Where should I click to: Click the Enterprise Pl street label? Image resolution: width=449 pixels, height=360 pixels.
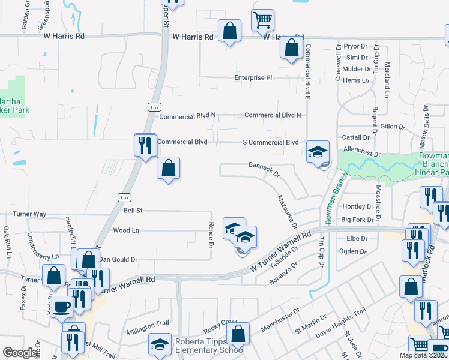pos(253,78)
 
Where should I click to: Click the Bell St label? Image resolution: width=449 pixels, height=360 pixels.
pos(133,211)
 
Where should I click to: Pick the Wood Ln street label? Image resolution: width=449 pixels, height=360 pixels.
pos(126,230)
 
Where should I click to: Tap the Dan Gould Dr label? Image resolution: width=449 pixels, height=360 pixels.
pos(119,260)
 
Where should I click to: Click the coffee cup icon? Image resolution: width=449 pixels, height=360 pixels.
pos(61,306)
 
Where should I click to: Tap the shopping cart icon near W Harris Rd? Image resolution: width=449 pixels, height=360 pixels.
pos(262,20)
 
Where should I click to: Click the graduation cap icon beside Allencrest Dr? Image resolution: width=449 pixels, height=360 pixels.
pos(318,152)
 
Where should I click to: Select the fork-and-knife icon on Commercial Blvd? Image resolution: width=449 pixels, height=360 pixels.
pos(145,145)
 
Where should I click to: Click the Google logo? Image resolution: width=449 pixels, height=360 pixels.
pos(20,353)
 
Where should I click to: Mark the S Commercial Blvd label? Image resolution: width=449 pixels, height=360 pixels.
pos(270,142)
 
